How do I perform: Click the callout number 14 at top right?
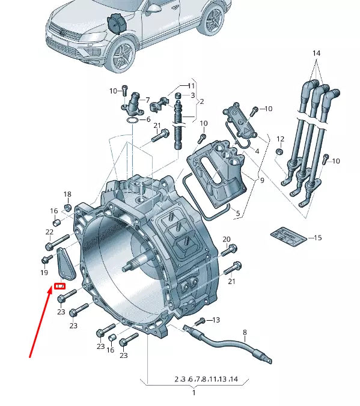point(316,53)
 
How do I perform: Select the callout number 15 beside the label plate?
point(319,238)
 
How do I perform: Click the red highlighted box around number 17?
point(60,286)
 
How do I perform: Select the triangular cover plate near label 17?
point(64,265)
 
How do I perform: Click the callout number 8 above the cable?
point(245,332)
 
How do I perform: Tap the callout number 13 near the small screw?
point(216,320)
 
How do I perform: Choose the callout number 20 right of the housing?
point(227,240)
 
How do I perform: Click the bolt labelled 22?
point(55,244)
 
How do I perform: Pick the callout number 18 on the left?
point(67,194)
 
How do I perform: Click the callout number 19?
point(44,273)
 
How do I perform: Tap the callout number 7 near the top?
point(148,100)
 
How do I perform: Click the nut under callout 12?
point(279,151)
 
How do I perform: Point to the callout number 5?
point(237,213)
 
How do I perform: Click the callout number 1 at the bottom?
point(194,392)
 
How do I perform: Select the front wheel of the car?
point(123,55)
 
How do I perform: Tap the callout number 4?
point(257,151)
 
